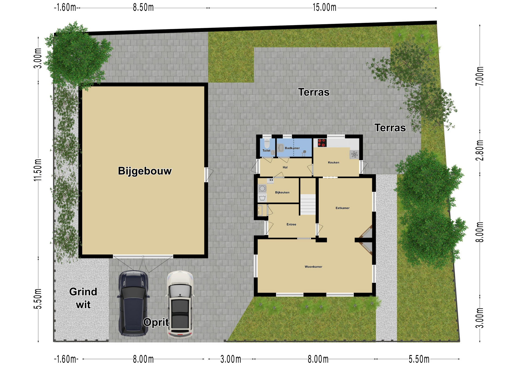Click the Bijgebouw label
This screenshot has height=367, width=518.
(145, 171)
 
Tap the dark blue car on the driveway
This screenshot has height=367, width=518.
(133, 303)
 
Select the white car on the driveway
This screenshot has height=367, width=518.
(180, 304)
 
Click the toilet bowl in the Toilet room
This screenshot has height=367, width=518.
(267, 143)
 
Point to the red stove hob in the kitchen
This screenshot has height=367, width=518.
(322, 143)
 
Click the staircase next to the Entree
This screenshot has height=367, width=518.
(308, 205)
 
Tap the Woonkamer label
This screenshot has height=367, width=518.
(313, 267)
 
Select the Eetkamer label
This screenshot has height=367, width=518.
(342, 208)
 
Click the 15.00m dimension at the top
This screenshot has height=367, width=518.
(325, 8)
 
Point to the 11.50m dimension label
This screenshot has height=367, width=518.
(38, 170)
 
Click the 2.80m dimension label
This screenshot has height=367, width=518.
(480, 151)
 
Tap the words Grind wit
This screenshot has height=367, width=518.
(83, 298)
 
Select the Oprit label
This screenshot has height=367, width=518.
(156, 322)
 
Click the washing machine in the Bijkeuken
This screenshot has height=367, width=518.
(262, 188)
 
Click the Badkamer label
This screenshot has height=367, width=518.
(292, 148)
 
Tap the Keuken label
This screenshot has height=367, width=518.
(333, 162)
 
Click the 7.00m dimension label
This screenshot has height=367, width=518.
(480, 76)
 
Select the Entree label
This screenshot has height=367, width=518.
(291, 224)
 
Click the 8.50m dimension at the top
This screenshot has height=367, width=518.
(143, 8)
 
